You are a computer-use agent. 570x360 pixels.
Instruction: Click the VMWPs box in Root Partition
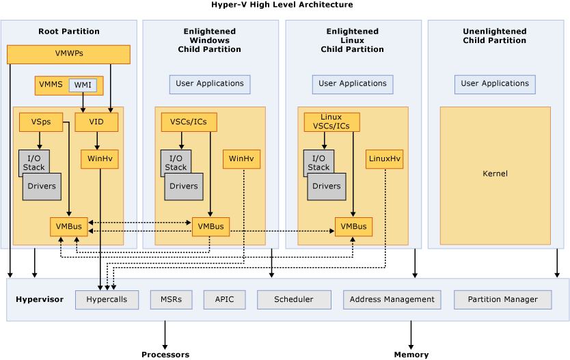(68, 54)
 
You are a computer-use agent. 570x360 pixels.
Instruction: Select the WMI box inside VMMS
(83, 85)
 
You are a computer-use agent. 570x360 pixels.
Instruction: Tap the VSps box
(40, 122)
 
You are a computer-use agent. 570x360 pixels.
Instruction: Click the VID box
(96, 122)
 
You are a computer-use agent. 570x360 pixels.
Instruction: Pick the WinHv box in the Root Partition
(100, 159)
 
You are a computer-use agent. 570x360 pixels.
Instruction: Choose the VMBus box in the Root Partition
(68, 227)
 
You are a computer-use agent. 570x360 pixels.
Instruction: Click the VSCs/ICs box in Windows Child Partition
(189, 122)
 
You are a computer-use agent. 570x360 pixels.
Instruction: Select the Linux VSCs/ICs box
(331, 122)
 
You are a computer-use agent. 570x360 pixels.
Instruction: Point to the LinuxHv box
(384, 159)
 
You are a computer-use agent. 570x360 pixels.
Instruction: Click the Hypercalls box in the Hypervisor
(107, 300)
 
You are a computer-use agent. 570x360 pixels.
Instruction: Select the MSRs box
(171, 300)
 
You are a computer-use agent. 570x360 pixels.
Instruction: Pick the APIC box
(224, 300)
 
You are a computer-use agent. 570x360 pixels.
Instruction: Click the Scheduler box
(294, 300)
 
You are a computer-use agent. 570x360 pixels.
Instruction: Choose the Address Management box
(392, 300)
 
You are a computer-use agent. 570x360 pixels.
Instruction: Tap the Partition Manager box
(502, 300)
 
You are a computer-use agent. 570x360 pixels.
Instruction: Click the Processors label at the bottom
(165, 355)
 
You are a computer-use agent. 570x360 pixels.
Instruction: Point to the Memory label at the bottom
(411, 355)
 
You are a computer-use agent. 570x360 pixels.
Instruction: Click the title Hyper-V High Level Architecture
(282, 5)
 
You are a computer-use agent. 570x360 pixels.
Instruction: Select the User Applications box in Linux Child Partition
(353, 84)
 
